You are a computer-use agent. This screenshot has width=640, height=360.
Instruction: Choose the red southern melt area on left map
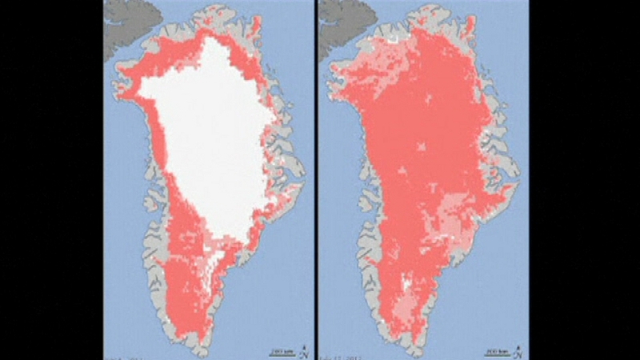pyautogui.click(x=188, y=288)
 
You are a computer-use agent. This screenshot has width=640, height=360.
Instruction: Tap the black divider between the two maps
pyautogui.click(x=316, y=180)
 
